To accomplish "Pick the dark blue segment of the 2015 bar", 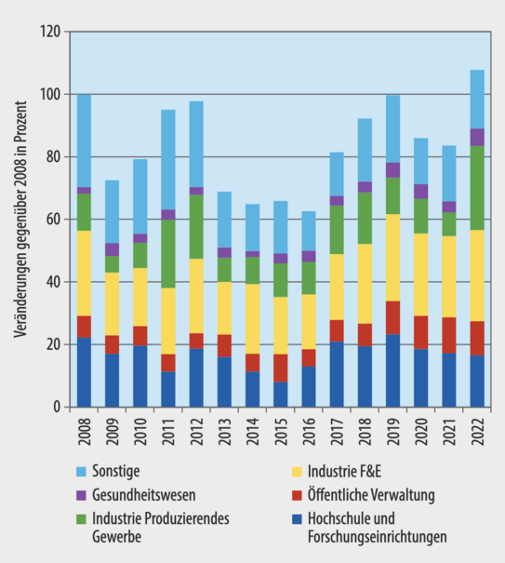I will point(280,394).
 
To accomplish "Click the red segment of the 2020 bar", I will point(420,332).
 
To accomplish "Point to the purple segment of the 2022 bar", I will point(476,137).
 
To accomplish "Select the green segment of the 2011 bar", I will point(168,253).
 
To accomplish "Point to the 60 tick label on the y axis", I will point(53,220).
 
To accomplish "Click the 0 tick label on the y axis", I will point(57,407).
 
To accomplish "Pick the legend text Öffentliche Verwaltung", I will point(367,495).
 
